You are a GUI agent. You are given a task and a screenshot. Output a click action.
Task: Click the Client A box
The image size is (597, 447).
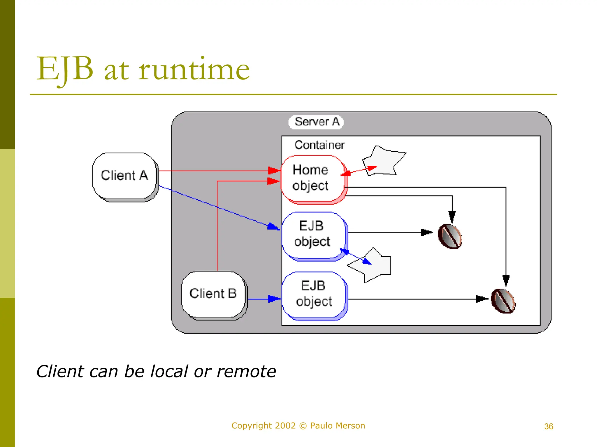point(124,176)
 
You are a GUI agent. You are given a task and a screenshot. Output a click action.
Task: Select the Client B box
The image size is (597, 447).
point(213,294)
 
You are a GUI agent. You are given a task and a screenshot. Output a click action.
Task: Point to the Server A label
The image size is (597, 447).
point(317,122)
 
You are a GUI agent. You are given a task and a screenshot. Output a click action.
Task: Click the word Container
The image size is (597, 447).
point(319,145)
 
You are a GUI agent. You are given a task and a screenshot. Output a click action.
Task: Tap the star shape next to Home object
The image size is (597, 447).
point(384,161)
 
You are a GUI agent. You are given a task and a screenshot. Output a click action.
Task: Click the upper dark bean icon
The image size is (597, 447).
point(450,236)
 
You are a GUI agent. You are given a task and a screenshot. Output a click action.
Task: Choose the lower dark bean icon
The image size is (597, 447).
point(503,301)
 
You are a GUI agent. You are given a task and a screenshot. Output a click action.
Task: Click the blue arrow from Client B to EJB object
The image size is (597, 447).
point(264,299)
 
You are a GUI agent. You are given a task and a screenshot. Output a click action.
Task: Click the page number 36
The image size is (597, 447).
point(548,427)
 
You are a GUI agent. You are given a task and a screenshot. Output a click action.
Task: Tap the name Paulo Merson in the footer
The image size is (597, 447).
point(337,426)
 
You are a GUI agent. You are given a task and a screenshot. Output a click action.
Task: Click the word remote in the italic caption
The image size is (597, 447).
point(246,372)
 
